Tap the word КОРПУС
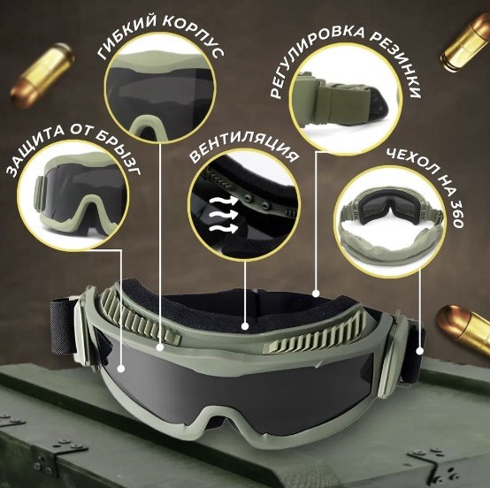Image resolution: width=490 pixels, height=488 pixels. point(195,35)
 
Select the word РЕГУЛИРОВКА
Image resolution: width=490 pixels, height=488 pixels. point(316,54)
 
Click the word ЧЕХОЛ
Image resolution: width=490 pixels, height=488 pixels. point(411,165)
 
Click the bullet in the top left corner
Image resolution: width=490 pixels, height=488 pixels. point(42,76)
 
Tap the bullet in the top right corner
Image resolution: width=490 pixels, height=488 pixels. point(465,42)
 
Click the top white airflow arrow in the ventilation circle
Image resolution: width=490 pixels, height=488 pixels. point(223,201)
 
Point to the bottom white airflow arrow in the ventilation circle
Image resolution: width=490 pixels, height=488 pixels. point(223,228)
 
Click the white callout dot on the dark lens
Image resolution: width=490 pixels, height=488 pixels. point(121,369)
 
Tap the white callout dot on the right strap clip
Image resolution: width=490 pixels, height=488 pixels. point(420,351)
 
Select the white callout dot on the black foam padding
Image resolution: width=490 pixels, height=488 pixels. point(245,326)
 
